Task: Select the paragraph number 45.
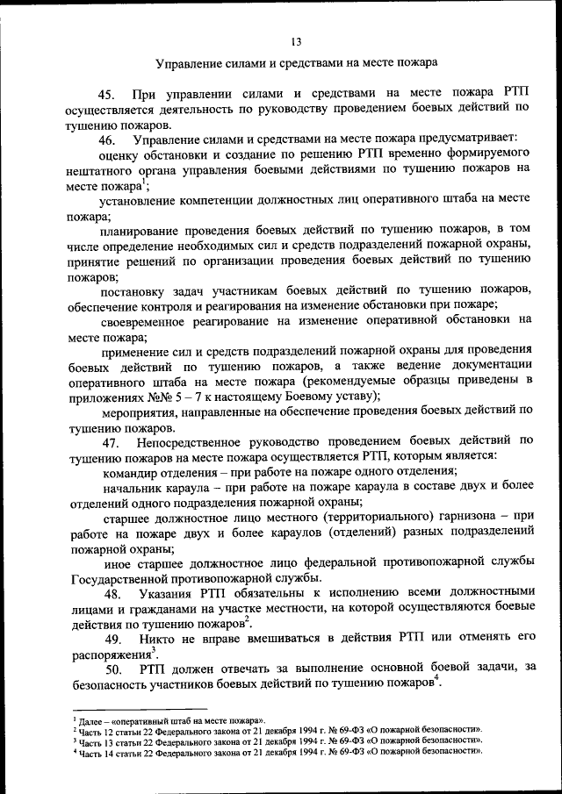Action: [109, 95]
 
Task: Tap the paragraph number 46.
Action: [109, 140]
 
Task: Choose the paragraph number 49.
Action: [110, 640]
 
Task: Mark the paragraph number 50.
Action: [110, 670]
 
